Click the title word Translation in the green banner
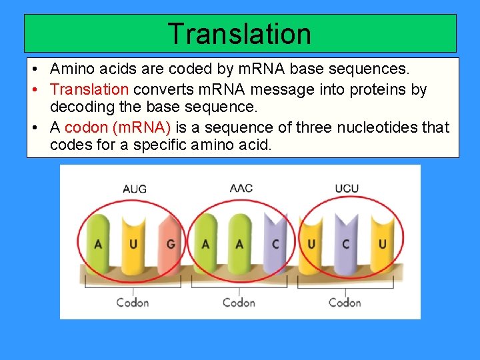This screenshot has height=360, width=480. [239, 33]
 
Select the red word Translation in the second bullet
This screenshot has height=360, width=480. [89, 89]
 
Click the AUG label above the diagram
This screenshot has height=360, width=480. [134, 189]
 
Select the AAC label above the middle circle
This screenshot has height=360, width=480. [241, 188]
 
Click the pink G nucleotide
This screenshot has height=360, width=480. [171, 244]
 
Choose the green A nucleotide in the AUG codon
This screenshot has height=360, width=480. [99, 244]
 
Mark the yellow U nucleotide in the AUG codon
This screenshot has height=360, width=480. [133, 244]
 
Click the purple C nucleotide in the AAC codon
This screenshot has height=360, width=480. [275, 244]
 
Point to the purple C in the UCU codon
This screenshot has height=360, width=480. [345, 244]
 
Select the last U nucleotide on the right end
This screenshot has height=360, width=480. [382, 244]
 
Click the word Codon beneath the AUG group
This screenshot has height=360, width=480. [133, 303]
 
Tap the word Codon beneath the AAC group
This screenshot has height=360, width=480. [239, 303]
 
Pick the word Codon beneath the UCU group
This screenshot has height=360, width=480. [345, 303]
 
